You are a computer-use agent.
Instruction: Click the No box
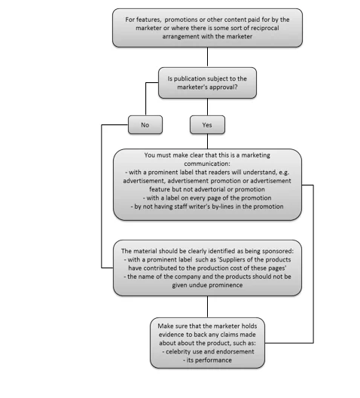[x=145, y=124]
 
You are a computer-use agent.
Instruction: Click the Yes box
[x=207, y=124]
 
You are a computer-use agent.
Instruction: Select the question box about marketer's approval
[x=207, y=83]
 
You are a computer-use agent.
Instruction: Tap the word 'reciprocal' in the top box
[x=264, y=28]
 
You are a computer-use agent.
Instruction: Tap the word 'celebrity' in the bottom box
[x=178, y=351]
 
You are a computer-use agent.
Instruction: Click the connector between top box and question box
[x=207, y=57]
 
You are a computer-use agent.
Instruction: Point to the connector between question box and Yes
[x=207, y=107]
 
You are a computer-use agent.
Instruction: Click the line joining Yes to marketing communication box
[x=207, y=142]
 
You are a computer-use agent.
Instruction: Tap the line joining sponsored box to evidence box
[x=207, y=307]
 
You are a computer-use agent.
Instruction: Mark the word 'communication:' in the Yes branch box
[x=207, y=164]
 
